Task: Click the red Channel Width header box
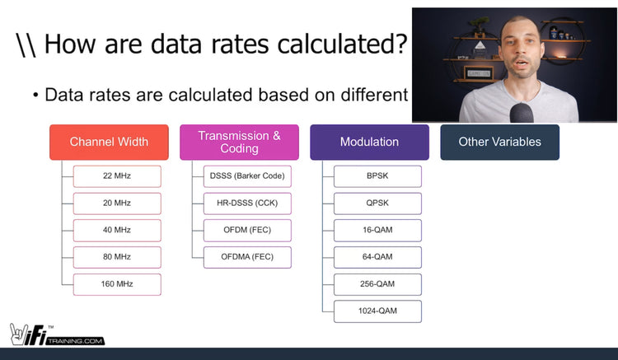click(x=109, y=142)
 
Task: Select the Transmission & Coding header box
click(x=239, y=142)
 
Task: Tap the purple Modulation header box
click(x=369, y=142)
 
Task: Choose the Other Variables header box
click(x=499, y=142)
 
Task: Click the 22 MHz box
click(x=117, y=176)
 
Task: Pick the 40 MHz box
click(x=117, y=231)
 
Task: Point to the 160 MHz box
click(x=117, y=284)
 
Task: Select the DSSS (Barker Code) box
click(x=246, y=176)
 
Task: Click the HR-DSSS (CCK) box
click(x=246, y=203)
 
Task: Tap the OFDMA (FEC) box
click(x=246, y=257)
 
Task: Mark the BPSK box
click(x=377, y=176)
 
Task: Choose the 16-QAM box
click(x=377, y=231)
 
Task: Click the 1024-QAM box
click(x=377, y=311)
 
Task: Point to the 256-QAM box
click(x=377, y=284)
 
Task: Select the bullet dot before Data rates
click(x=36, y=96)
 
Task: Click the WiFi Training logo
click(x=57, y=333)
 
